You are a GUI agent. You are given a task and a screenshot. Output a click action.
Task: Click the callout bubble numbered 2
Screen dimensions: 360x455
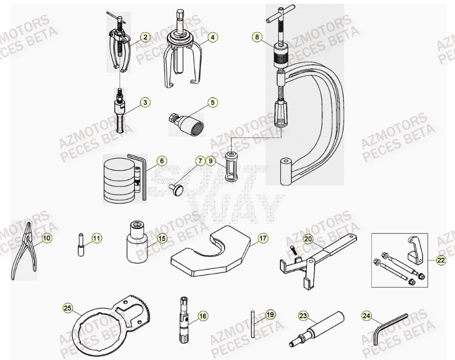click(x=145, y=38)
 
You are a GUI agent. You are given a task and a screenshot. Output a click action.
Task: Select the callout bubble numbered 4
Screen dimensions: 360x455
click(x=213, y=38)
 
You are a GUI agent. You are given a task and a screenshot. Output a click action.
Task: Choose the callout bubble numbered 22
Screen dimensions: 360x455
click(x=441, y=260)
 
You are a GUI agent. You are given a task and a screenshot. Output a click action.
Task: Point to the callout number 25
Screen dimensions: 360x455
click(x=68, y=308)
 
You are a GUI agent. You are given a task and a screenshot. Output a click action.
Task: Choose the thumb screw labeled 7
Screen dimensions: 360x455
click(x=177, y=189)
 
